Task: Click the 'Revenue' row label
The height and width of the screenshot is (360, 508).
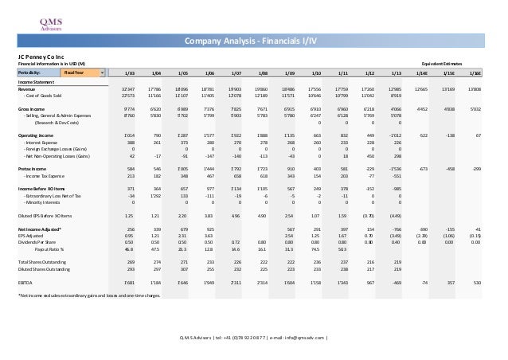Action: click(26, 88)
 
